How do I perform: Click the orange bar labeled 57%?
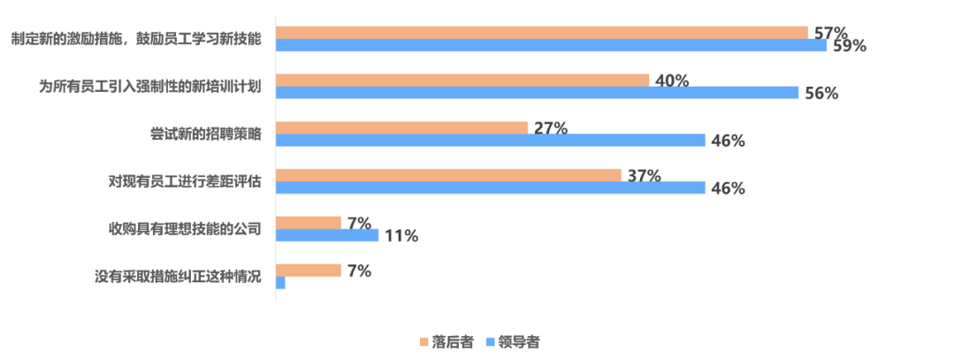pos(542,32)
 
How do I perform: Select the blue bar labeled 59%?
pos(552,45)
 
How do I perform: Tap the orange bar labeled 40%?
pos(462,80)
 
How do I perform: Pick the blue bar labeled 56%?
pos(538,93)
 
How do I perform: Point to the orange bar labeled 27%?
pos(402,127)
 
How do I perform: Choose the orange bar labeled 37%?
pos(448,175)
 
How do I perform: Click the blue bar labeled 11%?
pos(327,235)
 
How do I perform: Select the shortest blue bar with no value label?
pos(281,283)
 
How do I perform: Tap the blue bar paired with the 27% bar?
pos(491,141)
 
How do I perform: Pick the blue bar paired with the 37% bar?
pos(491,188)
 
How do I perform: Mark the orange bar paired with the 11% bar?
pos(309,222)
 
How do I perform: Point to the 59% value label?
pos(848,46)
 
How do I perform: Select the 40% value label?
pos(671,80)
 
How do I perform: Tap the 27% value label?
pos(550,127)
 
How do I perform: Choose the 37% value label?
pos(643,175)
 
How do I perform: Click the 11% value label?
pos(401,236)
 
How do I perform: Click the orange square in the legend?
pos(424,341)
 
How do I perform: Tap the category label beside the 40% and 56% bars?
pos(150,86)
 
